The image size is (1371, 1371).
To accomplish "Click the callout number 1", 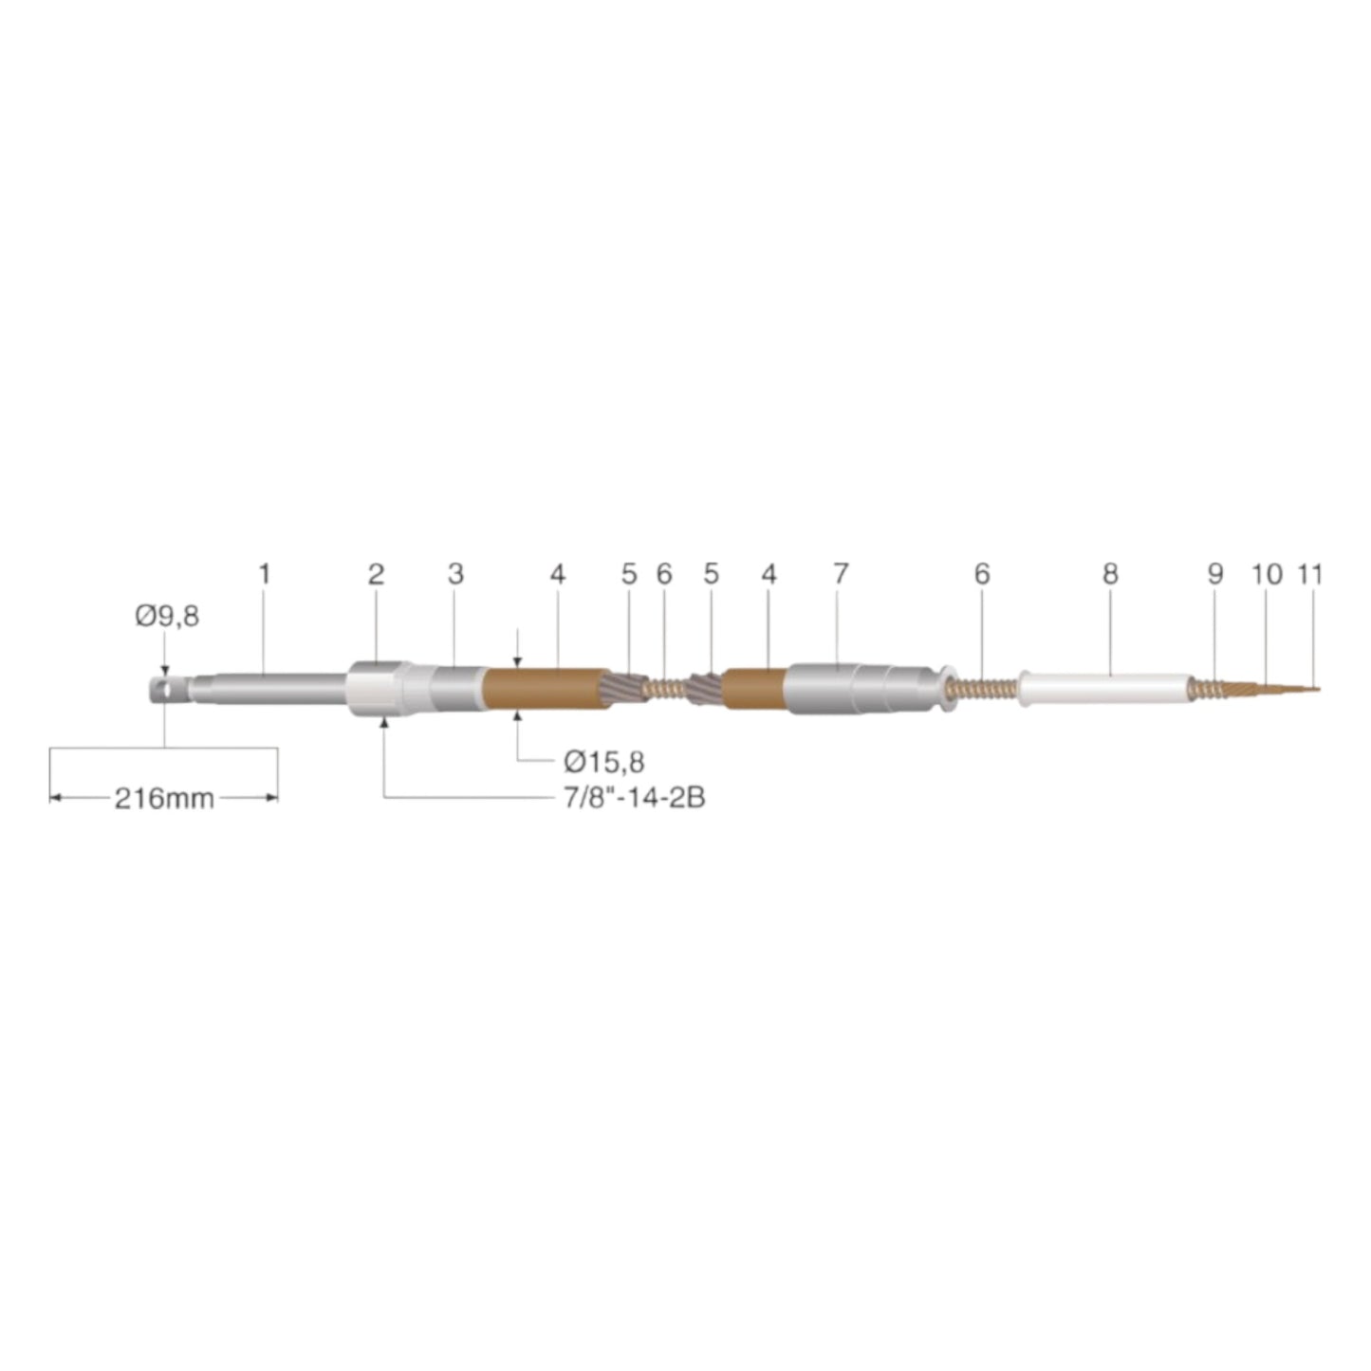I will (265, 574).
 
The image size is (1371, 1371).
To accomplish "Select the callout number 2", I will (377, 574).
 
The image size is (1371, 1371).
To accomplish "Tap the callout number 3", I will (455, 574).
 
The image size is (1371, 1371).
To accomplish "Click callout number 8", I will (1110, 574).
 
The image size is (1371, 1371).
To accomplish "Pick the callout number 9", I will (1215, 574).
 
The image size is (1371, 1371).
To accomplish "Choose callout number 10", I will (1267, 574).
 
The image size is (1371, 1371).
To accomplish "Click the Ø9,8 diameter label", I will (167, 617).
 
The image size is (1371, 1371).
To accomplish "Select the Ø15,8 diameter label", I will (603, 761).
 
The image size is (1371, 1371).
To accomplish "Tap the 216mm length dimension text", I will (164, 798).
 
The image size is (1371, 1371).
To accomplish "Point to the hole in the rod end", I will (167, 689).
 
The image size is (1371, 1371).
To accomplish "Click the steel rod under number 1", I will (275, 689).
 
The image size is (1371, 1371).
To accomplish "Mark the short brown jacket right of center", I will (753, 689).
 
